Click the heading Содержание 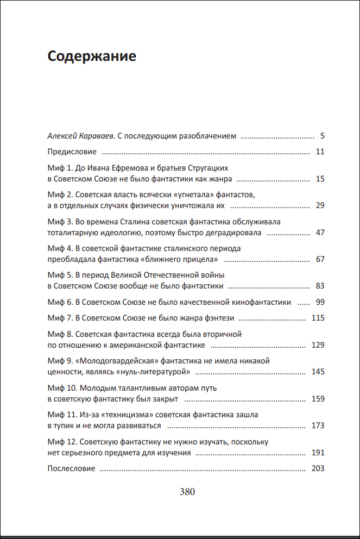point(91,56)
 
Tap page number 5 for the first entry point(322,136)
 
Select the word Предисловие point(72,152)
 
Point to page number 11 point(320,152)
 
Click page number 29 point(320,205)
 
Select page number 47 point(320,233)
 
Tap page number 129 point(318,345)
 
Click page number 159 point(318,399)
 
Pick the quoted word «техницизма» point(124,415)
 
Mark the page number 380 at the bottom point(187,492)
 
